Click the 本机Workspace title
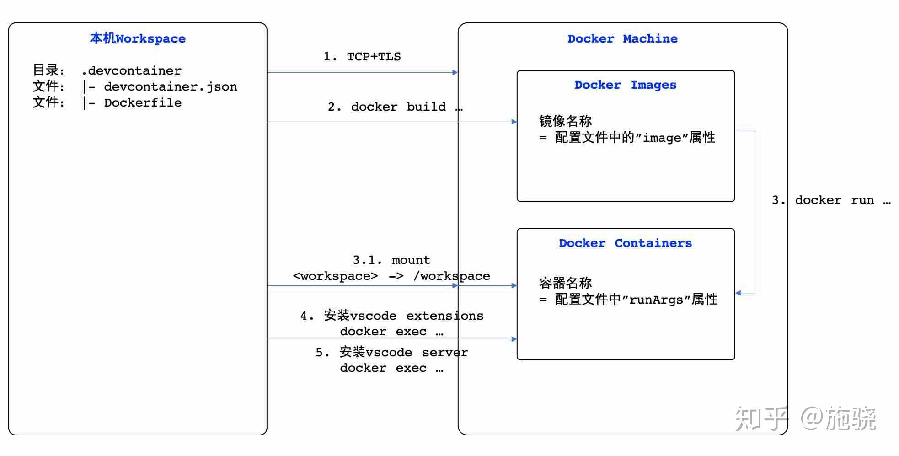tap(138, 38)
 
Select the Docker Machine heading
tap(622, 38)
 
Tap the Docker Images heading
tap(625, 85)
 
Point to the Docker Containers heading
tap(625, 243)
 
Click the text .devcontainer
tap(131, 70)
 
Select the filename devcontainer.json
tap(171, 86)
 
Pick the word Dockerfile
tap(143, 102)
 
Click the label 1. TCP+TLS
tap(362, 57)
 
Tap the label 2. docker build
tap(395, 107)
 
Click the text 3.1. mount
tap(391, 260)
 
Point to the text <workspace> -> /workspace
tap(391, 276)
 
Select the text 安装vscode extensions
tap(403, 316)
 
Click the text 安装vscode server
tap(403, 352)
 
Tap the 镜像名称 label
tap(565, 121)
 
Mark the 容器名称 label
tap(565, 283)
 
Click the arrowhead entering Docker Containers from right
tap(738, 293)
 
